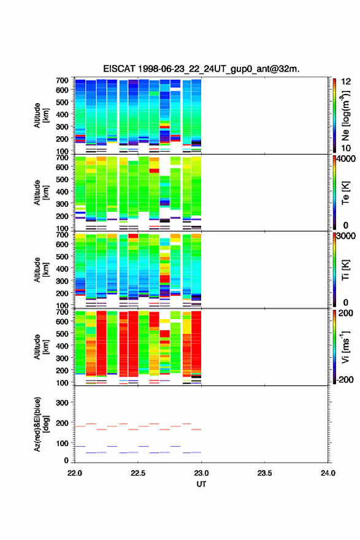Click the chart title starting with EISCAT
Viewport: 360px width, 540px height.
click(201, 69)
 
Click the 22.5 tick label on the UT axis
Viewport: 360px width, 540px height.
click(137, 473)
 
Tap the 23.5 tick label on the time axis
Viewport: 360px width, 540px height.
click(264, 473)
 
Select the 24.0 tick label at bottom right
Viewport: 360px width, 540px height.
click(327, 473)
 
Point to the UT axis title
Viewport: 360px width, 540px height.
click(201, 484)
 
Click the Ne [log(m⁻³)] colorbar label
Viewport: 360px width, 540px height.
click(346, 116)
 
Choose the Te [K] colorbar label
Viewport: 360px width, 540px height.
click(345, 193)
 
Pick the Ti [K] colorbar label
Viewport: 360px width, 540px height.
click(345, 270)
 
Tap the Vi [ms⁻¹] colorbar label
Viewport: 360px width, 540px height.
click(346, 347)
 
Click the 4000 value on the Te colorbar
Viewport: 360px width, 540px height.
click(346, 159)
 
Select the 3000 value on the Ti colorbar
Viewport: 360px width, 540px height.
click(346, 236)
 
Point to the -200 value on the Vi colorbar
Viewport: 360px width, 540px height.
click(345, 379)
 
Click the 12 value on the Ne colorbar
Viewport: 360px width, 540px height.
click(347, 82)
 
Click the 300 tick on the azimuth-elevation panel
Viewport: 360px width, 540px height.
click(62, 403)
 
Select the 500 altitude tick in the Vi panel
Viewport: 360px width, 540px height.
click(62, 333)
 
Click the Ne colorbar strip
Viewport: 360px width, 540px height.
click(334, 116)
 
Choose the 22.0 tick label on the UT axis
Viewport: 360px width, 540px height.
click(75, 473)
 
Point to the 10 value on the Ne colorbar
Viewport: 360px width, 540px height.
click(346, 148)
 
